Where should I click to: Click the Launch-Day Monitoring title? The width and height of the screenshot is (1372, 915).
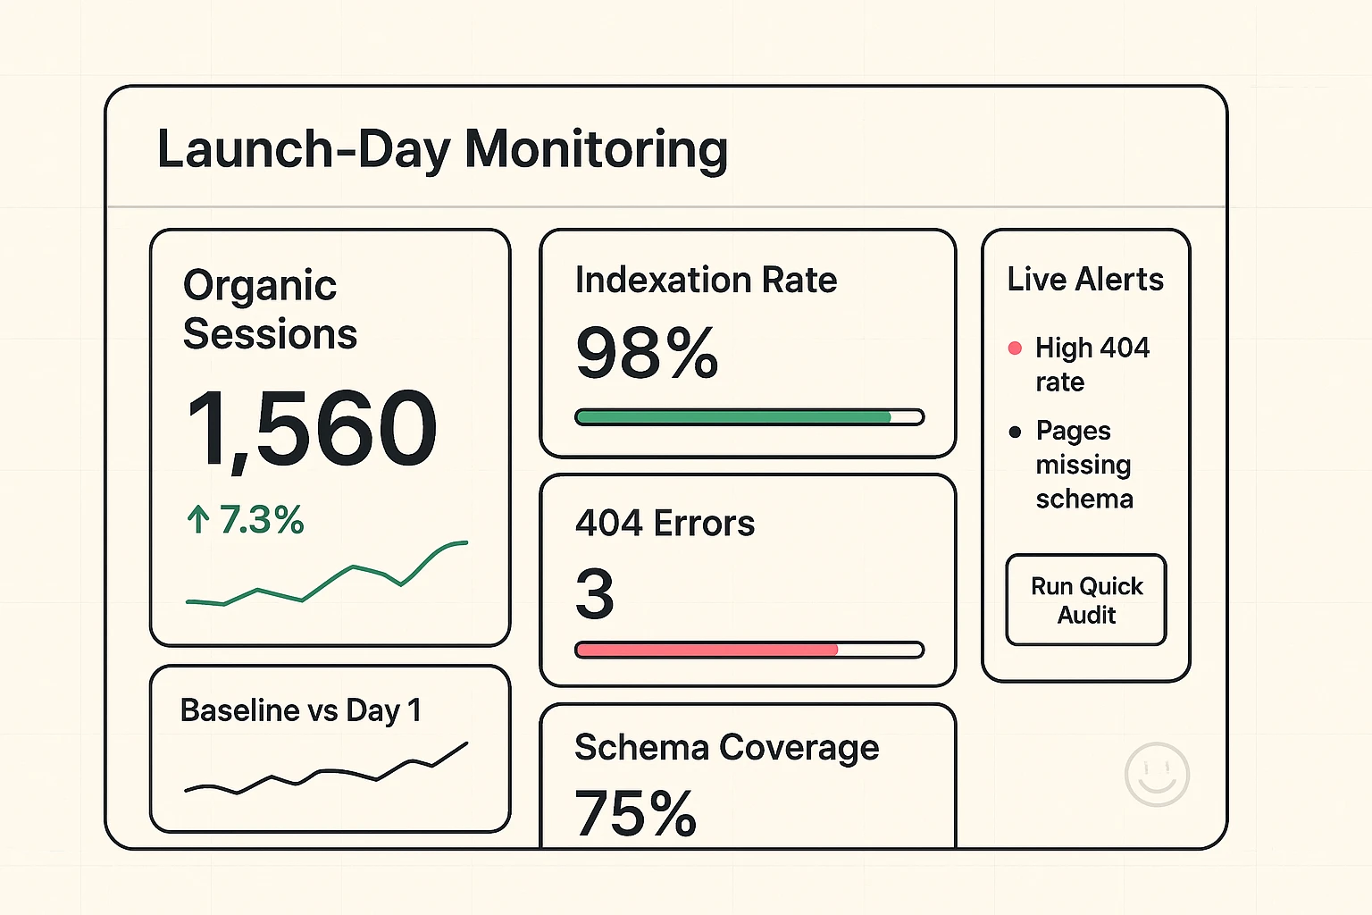(x=442, y=149)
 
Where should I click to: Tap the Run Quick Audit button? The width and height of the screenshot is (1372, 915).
(x=1085, y=600)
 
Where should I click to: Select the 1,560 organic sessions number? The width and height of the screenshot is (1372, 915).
(x=312, y=430)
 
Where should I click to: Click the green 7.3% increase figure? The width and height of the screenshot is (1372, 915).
(x=261, y=520)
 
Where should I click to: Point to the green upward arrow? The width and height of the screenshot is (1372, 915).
(x=197, y=519)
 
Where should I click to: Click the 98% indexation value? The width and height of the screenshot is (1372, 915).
(x=647, y=353)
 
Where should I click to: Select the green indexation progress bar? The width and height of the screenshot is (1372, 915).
(x=732, y=417)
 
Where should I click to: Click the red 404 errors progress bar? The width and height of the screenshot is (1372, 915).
(x=706, y=651)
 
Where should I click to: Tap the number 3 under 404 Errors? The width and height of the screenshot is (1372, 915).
(x=595, y=594)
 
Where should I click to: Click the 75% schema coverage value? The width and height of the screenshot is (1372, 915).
(x=635, y=813)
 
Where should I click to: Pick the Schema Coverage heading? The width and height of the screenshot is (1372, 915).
(x=726, y=747)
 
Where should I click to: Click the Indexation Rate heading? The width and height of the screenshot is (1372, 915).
(x=706, y=280)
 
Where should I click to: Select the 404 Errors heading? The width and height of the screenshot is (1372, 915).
(x=665, y=523)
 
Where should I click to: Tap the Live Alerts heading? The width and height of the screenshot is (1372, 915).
(x=1085, y=280)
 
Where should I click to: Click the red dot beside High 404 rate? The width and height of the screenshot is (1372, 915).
(x=1015, y=348)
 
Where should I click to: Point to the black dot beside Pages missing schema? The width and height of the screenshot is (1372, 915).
(x=1015, y=432)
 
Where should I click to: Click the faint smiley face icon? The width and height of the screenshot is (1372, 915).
(x=1157, y=774)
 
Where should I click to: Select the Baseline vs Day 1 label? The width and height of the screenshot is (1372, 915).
(x=300, y=710)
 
